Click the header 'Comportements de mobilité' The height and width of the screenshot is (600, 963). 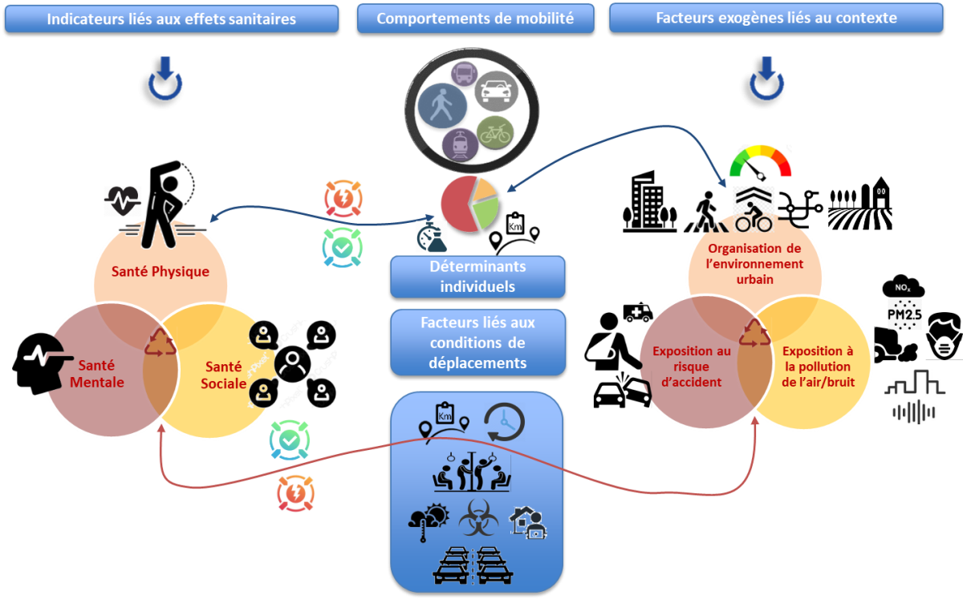point(475,18)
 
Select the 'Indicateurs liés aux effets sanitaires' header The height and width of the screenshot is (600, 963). point(171,18)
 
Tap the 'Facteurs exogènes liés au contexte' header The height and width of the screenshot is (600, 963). point(776,18)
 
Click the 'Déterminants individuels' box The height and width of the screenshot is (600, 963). point(477,277)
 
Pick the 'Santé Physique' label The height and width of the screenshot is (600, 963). point(161,271)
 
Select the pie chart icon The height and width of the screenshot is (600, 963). point(469,204)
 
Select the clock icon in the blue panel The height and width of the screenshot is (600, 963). point(504,421)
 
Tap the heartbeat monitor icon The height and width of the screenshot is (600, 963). point(123,201)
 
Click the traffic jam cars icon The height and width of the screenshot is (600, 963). point(478,566)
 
